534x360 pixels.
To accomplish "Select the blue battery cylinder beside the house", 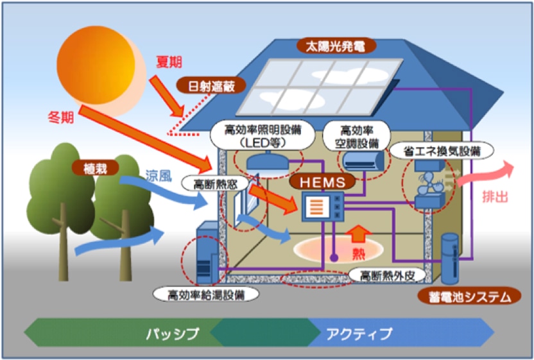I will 451,258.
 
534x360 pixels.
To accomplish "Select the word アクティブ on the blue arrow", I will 359,334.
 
